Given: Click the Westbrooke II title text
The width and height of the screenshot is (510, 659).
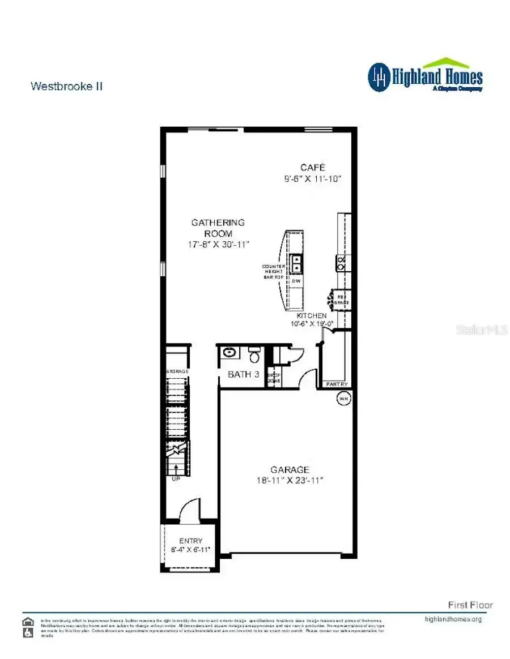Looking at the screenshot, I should (x=66, y=86).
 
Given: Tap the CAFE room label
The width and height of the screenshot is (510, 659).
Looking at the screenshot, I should (x=313, y=167).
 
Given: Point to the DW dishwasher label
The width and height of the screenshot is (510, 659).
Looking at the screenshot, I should (x=296, y=281).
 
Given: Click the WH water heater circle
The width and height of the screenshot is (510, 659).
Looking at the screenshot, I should (x=343, y=399).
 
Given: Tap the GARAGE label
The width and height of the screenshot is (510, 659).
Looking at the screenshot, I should (x=290, y=469).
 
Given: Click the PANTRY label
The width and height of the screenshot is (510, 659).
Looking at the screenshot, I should (x=337, y=384).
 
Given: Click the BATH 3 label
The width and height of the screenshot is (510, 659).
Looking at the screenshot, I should (x=244, y=374).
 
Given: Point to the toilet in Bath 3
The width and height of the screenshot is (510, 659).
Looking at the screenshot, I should (x=254, y=356).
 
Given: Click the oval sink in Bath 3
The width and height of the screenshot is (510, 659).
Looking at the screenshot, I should (x=229, y=353).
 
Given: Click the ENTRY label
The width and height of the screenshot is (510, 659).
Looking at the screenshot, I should (x=190, y=541).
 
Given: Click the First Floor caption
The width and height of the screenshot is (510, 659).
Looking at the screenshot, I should (x=470, y=605).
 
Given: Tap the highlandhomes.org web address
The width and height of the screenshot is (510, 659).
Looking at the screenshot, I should (x=453, y=619).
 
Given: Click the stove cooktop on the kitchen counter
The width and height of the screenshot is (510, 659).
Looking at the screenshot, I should (x=342, y=261).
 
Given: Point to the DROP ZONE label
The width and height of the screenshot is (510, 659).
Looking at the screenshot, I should (x=274, y=378).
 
